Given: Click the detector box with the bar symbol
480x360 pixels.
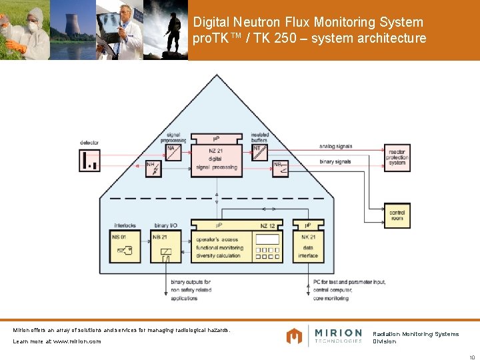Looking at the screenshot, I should pyautogui.click(x=90, y=159).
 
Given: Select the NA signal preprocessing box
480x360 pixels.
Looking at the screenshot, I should pyautogui.click(x=172, y=153).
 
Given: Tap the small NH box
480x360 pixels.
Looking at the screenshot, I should pyautogui.click(x=153, y=168).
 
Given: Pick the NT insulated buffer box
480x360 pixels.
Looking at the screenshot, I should pyautogui.click(x=260, y=153).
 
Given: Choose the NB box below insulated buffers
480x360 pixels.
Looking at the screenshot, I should pyautogui.click(x=279, y=168).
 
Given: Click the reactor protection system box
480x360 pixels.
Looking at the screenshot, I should pyautogui.click(x=397, y=158).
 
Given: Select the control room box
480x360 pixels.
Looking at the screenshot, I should pyautogui.click(x=397, y=215).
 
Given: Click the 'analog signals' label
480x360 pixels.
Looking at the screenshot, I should pyautogui.click(x=335, y=146).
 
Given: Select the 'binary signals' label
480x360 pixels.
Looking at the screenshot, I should pyautogui.click(x=335, y=162).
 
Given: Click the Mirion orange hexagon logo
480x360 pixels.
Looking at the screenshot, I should pyautogui.click(x=295, y=335).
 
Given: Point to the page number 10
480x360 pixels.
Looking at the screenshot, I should pyautogui.click(x=471, y=355).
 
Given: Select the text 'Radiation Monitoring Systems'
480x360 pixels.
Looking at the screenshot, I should pyautogui.click(x=415, y=334).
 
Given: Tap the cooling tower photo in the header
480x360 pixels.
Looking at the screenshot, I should pyautogui.click(x=73, y=30).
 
